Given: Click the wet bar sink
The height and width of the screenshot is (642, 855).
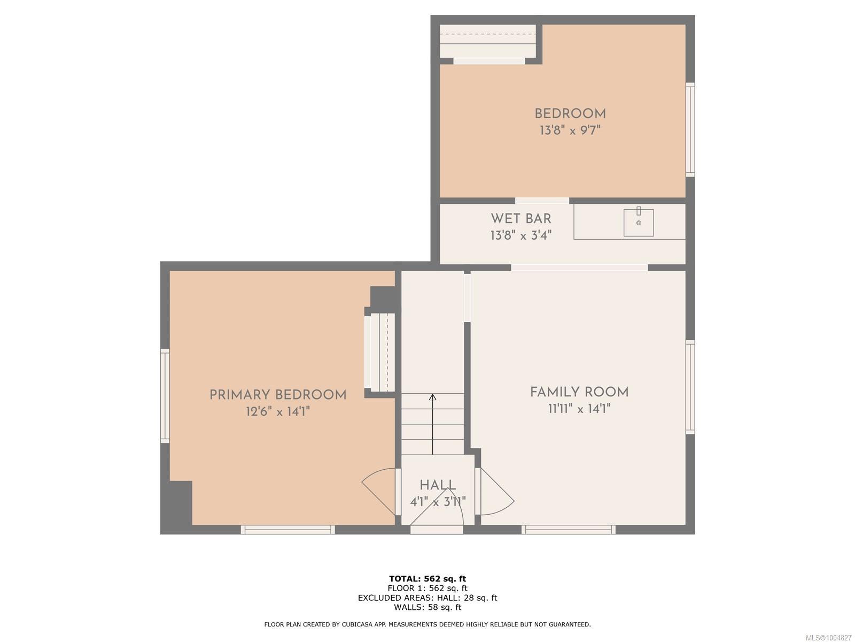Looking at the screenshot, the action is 639,223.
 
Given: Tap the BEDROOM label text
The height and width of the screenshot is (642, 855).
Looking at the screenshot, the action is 570,114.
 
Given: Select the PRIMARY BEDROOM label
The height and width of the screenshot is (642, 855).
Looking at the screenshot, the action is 278,395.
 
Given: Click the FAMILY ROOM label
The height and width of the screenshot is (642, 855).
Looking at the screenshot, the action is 579,392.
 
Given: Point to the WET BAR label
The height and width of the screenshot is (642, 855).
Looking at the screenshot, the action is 521,219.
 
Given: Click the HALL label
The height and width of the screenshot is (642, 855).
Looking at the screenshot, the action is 438,485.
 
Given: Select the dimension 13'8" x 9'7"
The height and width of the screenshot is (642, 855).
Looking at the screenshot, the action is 570,130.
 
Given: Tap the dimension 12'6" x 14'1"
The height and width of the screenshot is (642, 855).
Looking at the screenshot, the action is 278,411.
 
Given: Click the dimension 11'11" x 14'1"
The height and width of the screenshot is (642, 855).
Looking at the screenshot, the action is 579,409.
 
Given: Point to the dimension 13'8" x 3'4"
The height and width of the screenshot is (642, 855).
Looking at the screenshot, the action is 521,235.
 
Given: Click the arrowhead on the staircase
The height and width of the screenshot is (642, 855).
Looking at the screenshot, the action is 432,397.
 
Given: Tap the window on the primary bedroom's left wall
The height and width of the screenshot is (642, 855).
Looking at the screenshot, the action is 165,396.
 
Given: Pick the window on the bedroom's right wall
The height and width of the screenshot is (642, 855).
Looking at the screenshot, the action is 690,129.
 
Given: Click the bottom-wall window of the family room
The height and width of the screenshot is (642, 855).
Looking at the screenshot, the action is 569,529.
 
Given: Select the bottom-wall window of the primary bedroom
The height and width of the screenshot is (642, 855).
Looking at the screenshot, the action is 287,529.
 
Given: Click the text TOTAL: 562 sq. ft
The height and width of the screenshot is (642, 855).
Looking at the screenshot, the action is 428,579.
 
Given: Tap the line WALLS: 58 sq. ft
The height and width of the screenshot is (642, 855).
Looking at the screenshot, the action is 428,607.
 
